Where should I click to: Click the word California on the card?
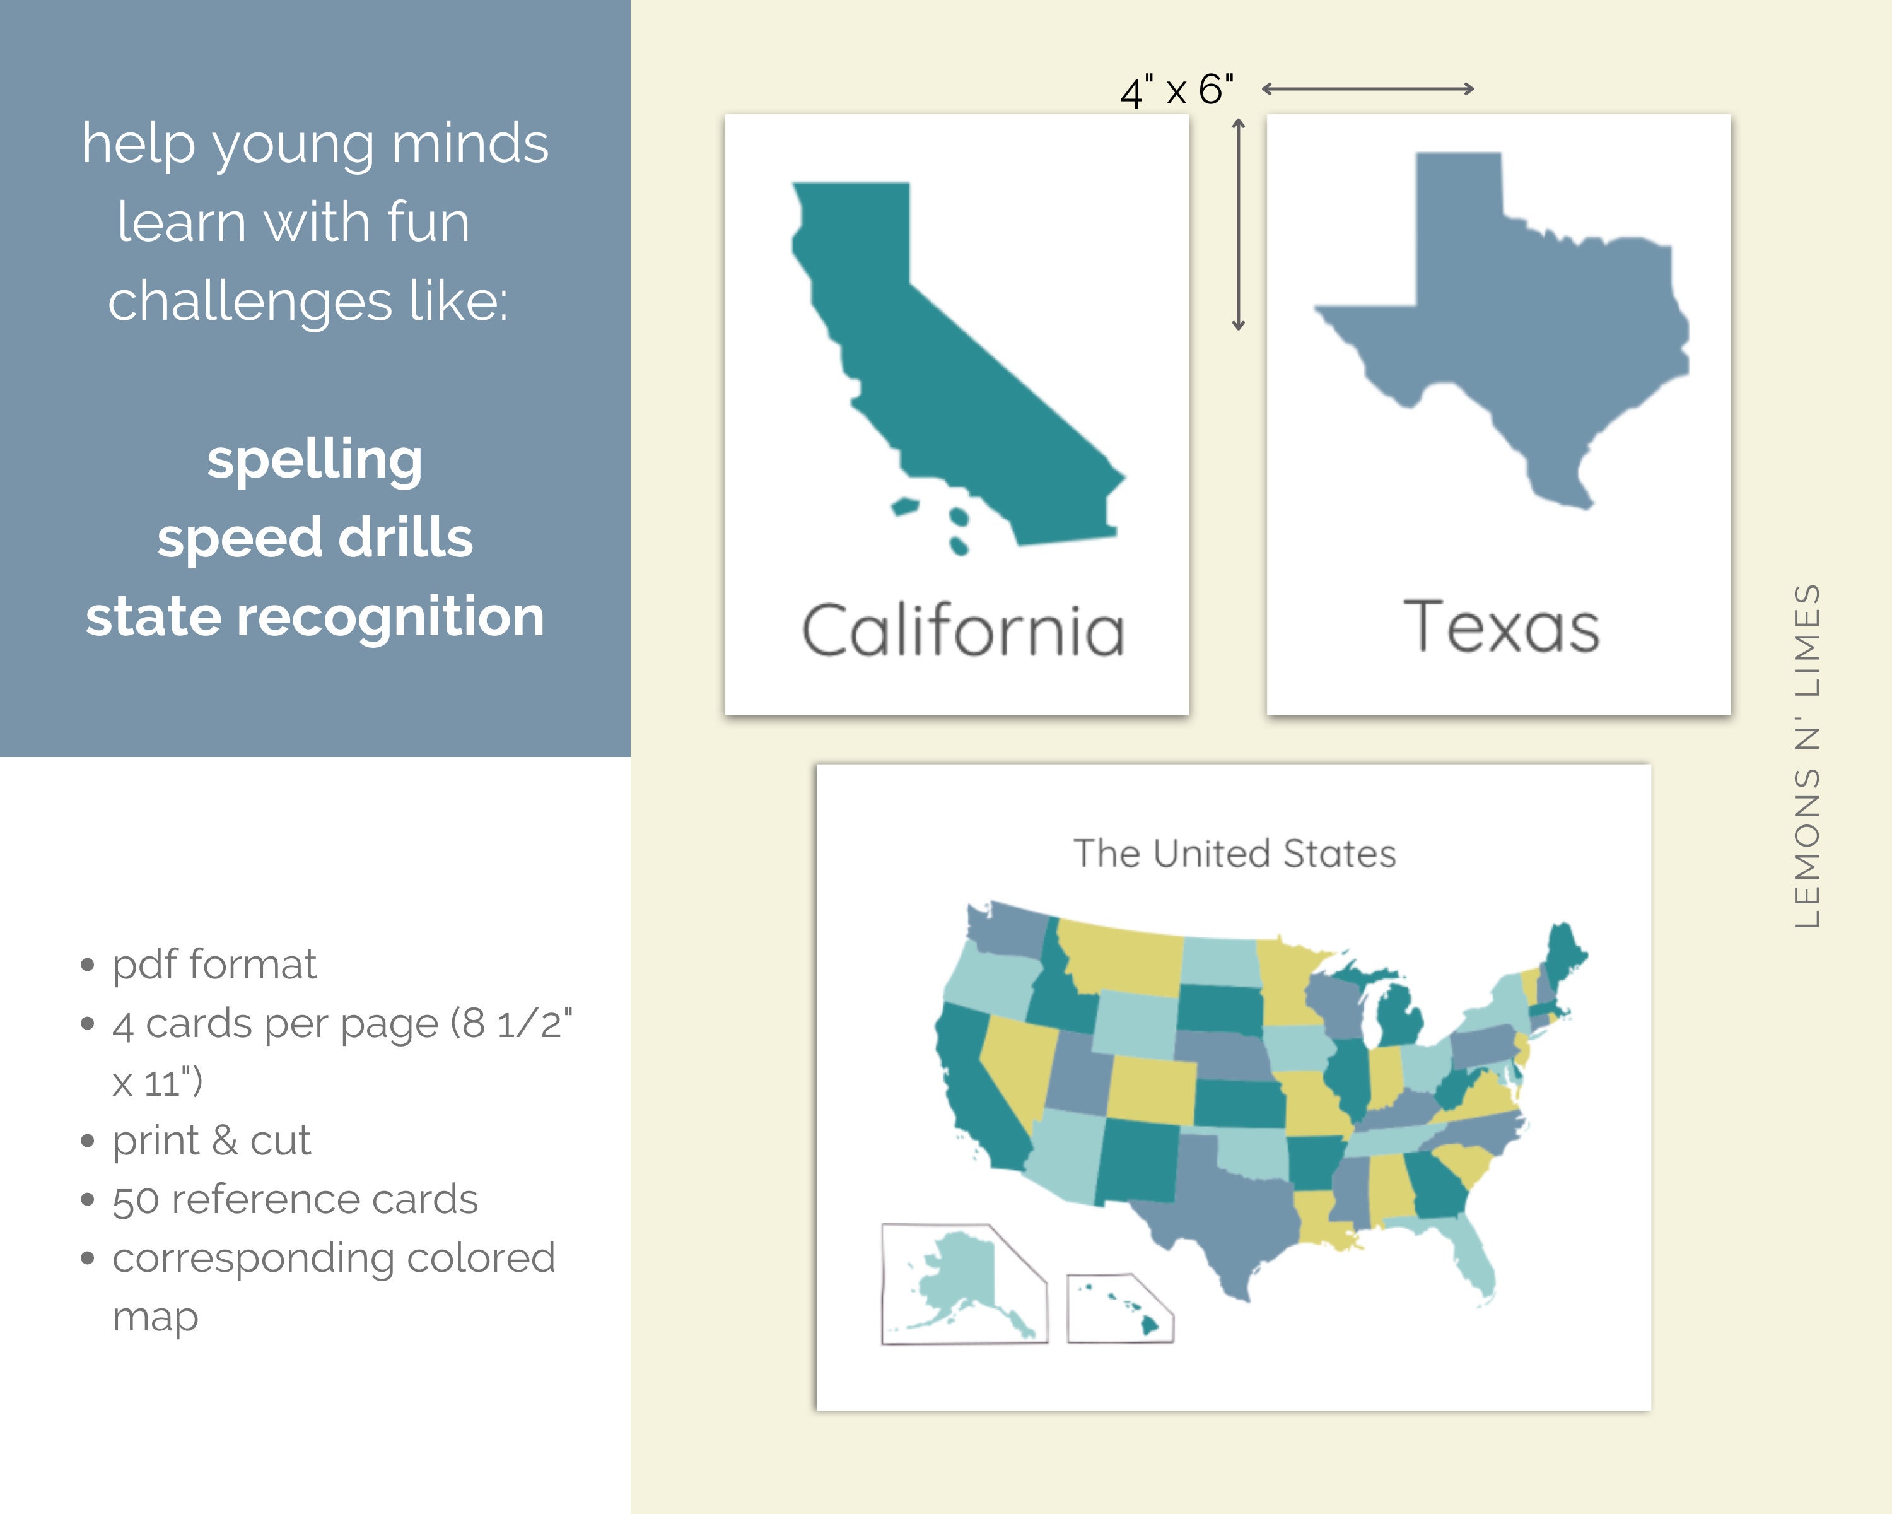tap(962, 630)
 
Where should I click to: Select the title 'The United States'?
tap(1234, 853)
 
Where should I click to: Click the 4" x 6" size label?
tap(1176, 90)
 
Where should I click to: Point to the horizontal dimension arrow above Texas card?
tap(1367, 89)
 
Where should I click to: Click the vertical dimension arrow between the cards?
tap(1238, 225)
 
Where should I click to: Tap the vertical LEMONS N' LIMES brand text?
tap(1807, 755)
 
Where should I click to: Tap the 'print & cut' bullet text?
tap(211, 1140)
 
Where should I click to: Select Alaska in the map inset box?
tap(957, 1272)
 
